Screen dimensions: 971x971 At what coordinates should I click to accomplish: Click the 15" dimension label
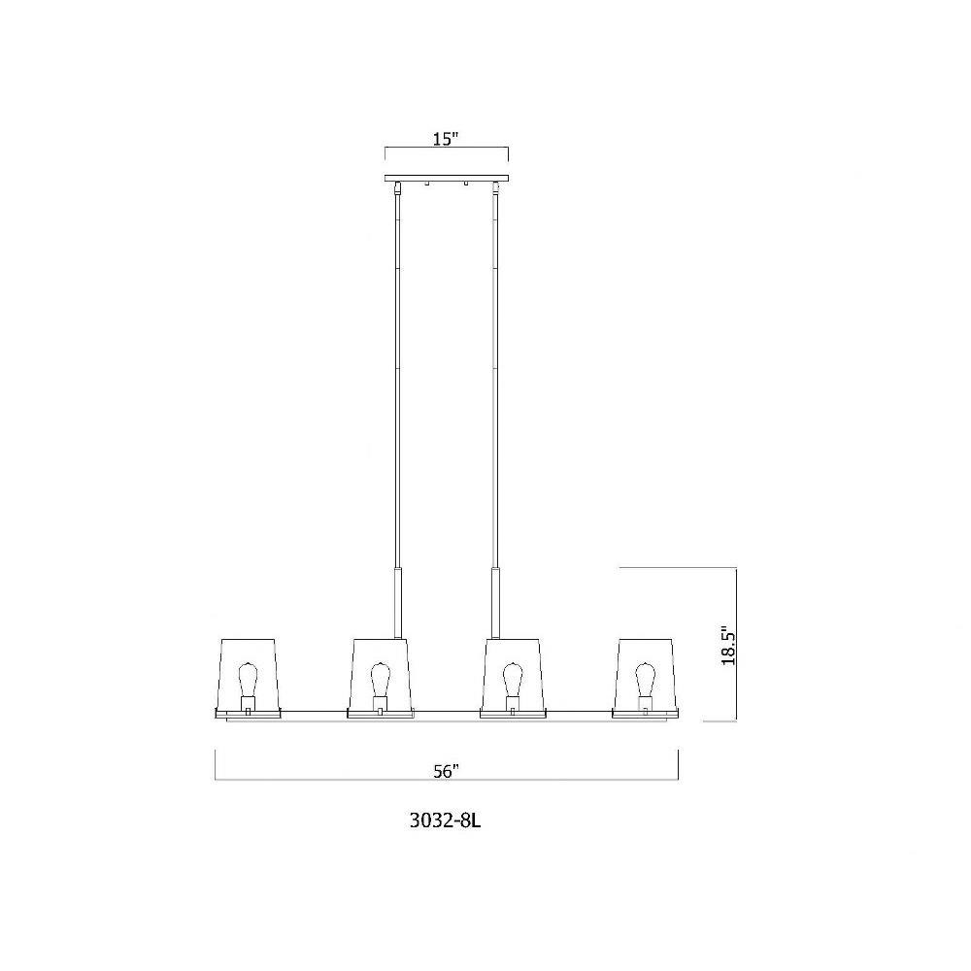coord(445,138)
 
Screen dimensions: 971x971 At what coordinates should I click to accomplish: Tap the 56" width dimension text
coord(446,771)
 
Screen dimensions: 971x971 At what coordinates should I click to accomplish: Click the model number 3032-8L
coord(446,821)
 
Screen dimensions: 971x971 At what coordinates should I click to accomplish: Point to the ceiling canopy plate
coord(447,179)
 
